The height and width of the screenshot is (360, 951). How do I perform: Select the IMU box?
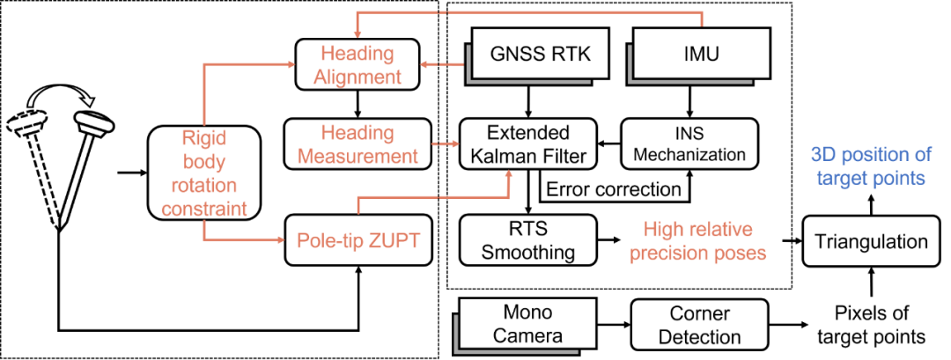(x=702, y=54)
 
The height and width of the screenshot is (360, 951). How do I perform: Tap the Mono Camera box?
(x=527, y=323)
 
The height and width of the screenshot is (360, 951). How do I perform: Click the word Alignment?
(x=358, y=77)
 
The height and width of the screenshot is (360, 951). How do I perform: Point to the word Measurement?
(x=358, y=157)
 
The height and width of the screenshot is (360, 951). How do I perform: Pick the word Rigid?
(x=203, y=137)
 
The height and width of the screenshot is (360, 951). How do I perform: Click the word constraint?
(x=203, y=209)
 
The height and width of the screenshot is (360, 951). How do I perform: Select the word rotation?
(x=205, y=186)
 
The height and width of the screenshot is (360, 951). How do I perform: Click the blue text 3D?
(x=823, y=155)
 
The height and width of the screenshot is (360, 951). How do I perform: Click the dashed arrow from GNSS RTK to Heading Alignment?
(x=442, y=64)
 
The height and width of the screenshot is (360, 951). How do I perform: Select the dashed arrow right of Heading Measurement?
(x=446, y=143)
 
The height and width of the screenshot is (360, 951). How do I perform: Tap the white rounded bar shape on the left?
(x=94, y=122)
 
